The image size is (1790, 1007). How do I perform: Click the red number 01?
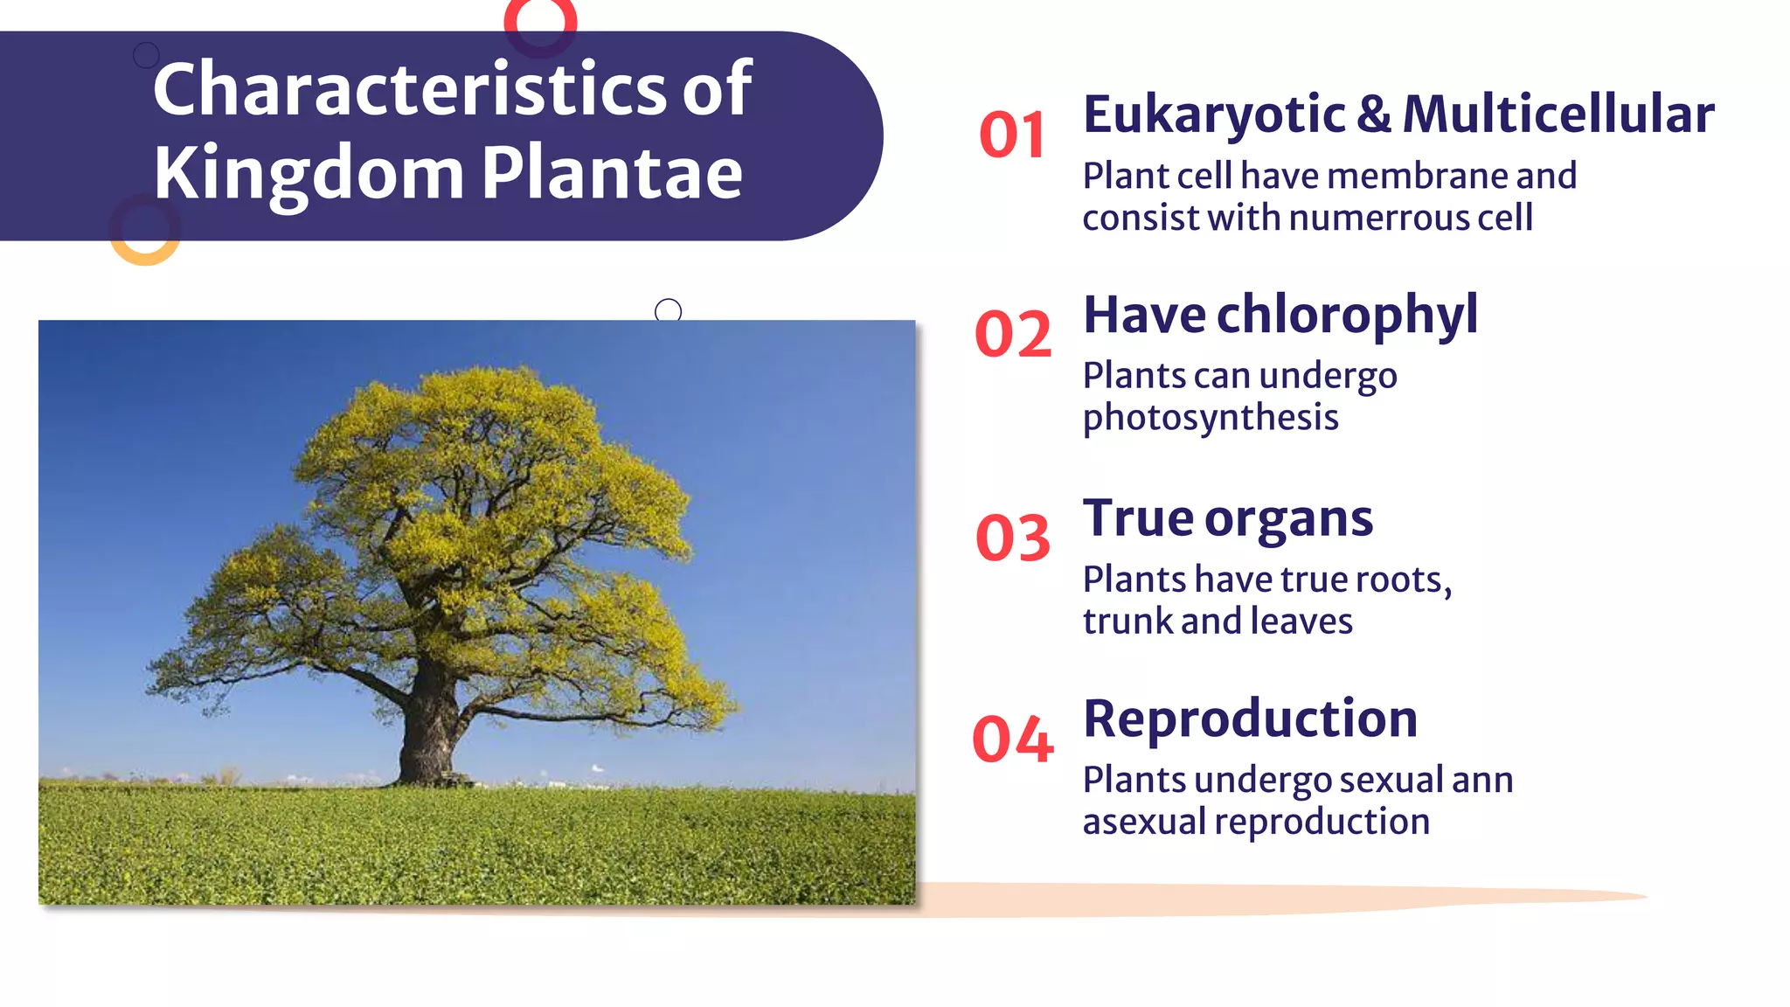(1012, 135)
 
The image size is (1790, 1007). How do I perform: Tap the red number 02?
(1013, 335)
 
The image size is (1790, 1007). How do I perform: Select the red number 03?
(1013, 538)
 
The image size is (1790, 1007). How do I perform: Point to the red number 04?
(1013, 740)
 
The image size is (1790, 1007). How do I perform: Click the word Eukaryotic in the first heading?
(1214, 115)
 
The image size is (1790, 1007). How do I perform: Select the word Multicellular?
(1558, 114)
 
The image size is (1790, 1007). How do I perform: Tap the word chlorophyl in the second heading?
(1347, 315)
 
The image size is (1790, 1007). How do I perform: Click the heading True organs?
(1227, 518)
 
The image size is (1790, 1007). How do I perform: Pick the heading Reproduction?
(1250, 719)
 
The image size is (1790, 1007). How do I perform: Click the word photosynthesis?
(1211, 418)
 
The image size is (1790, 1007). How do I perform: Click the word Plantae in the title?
(612, 172)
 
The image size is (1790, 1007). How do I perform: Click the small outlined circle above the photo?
(668, 310)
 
